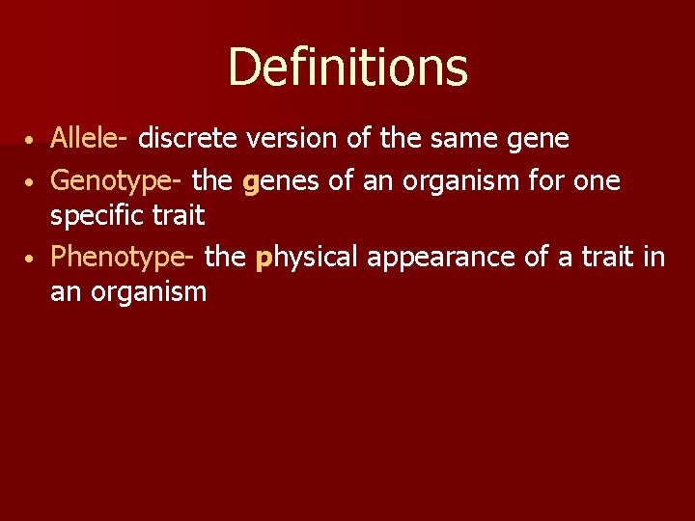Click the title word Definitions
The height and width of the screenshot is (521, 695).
coord(347,68)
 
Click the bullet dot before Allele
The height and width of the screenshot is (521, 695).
coord(31,141)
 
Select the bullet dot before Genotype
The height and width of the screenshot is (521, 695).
coord(31,181)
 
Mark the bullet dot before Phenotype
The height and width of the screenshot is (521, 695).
coord(31,259)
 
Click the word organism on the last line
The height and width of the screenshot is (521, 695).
coord(148,292)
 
